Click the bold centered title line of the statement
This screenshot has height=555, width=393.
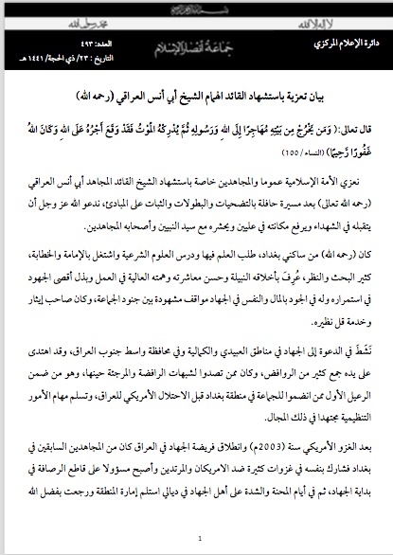(196, 98)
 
